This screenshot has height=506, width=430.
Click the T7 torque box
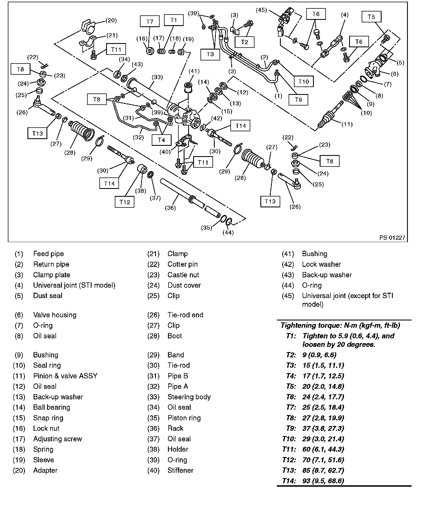[150, 21]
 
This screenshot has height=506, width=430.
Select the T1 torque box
[174, 20]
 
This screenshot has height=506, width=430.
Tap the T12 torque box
[125, 202]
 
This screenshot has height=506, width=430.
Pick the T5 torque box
[371, 17]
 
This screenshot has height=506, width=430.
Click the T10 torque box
[303, 81]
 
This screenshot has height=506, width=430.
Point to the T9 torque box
[298, 100]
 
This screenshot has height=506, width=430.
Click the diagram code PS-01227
[392, 238]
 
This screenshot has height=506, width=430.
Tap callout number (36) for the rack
[170, 208]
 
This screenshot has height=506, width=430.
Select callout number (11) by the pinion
[347, 124]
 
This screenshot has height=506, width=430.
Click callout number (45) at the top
[261, 10]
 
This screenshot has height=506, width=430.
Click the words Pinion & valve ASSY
[65, 376]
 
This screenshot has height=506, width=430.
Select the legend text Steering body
[189, 397]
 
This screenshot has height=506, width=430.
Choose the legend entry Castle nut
[183, 275]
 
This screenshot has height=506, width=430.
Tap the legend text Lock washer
[321, 264]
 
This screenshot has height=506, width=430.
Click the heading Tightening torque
[340, 325]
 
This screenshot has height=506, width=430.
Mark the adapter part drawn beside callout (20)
[89, 27]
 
